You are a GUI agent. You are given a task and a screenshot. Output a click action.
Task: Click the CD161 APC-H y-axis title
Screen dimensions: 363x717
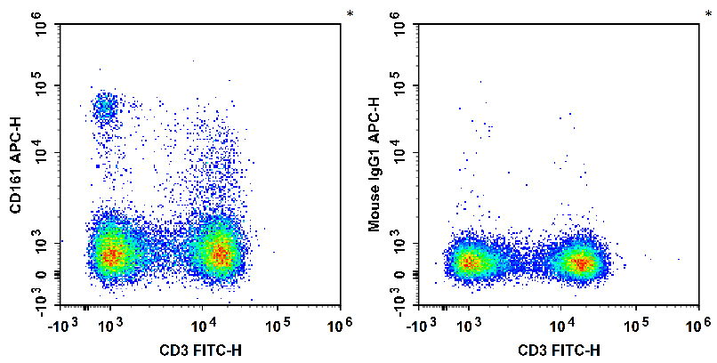tap(15, 165)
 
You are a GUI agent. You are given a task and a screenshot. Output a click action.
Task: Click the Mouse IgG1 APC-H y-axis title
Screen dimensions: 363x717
tap(375, 165)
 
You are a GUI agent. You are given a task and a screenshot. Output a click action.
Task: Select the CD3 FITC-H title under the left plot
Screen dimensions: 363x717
tap(201, 350)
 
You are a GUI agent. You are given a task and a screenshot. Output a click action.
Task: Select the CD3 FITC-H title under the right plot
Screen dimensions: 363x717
tap(560, 350)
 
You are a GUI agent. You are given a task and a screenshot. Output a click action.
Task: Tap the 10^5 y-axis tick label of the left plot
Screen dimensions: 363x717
tap(42, 85)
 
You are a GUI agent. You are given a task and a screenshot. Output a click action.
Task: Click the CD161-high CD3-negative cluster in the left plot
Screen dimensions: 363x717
tap(105, 109)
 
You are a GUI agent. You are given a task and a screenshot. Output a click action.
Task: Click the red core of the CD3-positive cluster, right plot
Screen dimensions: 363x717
tap(580, 263)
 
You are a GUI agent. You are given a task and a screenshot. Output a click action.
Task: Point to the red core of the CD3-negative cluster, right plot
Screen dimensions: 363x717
tap(468, 262)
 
